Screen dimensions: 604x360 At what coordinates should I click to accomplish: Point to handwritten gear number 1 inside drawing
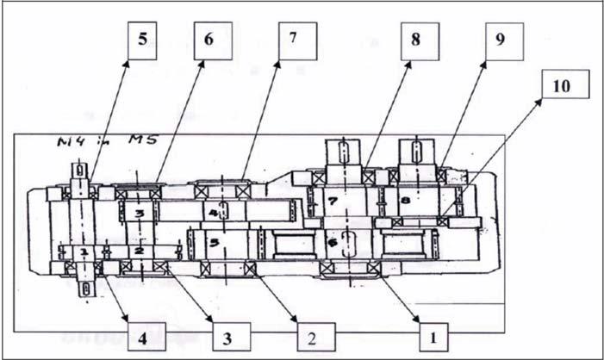click(x=84, y=251)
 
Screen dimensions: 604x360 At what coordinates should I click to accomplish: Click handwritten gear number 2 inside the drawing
click(x=137, y=251)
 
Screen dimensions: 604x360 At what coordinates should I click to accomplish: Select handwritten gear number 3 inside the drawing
click(x=138, y=212)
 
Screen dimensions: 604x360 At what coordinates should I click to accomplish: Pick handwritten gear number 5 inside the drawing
click(x=212, y=244)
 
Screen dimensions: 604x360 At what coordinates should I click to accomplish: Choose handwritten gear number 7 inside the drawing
click(x=333, y=202)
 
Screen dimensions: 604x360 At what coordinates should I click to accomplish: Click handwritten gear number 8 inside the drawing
click(x=406, y=202)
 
